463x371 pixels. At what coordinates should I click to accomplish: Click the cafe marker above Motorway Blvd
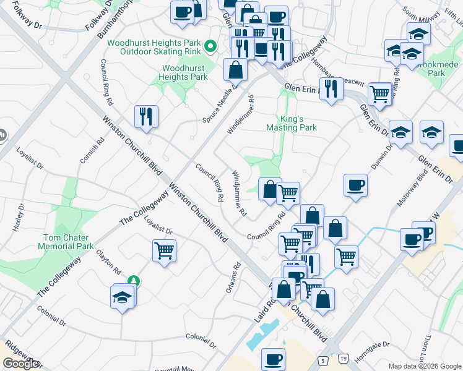tap(355, 185)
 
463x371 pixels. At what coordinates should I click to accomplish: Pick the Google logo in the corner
tap(20, 364)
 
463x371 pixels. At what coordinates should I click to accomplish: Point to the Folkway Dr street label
tap(27, 19)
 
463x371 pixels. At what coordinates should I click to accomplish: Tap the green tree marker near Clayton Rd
tap(133, 281)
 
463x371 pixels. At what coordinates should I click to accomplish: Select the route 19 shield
tap(342, 359)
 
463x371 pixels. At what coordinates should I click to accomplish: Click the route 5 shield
tap(322, 359)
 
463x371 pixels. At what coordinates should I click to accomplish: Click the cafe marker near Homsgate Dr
tap(273, 359)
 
